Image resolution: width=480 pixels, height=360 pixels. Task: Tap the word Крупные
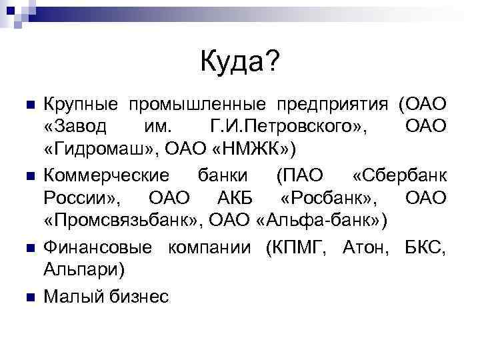tap(81, 105)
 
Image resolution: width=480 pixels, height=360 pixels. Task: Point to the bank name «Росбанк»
tap(329, 198)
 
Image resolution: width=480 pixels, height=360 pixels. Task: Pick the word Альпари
tap(83, 268)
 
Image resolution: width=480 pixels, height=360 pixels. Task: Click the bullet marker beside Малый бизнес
tap(29, 296)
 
